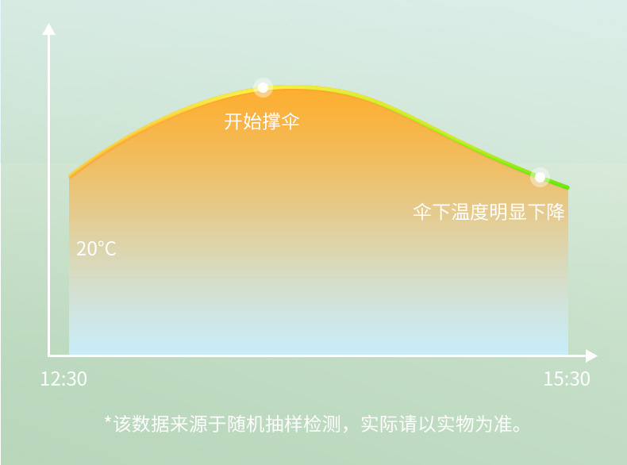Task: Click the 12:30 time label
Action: [63, 379]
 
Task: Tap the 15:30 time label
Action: [567, 379]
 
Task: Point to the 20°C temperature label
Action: [96, 248]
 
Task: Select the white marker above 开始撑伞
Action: [263, 87]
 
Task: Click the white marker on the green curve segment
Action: [540, 176]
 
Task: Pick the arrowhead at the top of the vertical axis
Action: [49, 29]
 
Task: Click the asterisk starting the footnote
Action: [107, 421]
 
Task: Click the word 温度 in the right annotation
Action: [470, 212]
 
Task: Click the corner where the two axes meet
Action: [49, 355]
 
